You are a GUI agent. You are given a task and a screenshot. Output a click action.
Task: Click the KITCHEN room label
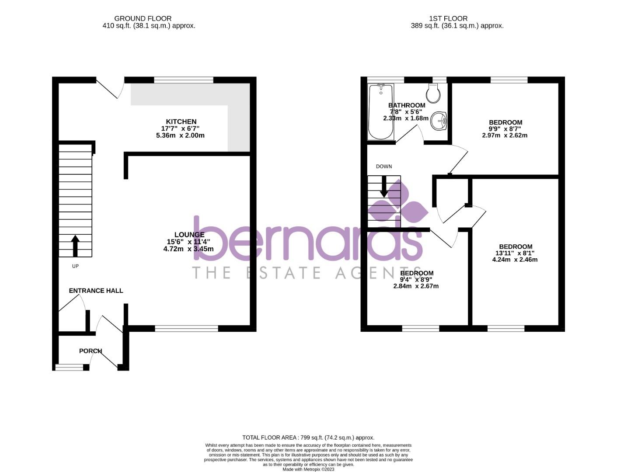pyautogui.click(x=181, y=121)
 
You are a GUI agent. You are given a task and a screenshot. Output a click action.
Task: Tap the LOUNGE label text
pyautogui.click(x=189, y=235)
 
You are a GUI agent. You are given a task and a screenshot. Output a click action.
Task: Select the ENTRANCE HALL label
pyautogui.click(x=96, y=291)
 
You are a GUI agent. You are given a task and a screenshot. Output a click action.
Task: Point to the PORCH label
pyautogui.click(x=91, y=351)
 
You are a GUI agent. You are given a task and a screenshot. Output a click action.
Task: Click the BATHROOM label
pyautogui.click(x=407, y=105)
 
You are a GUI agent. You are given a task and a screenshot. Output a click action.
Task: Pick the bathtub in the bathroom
pyautogui.click(x=381, y=111)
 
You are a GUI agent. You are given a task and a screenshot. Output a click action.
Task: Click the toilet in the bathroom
pyautogui.click(x=433, y=93)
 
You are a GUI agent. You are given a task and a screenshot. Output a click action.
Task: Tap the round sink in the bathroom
pyautogui.click(x=438, y=121)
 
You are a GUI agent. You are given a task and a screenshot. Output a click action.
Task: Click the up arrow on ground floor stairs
pyautogui.click(x=75, y=246)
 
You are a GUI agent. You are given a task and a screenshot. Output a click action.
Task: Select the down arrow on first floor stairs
pyautogui.click(x=384, y=187)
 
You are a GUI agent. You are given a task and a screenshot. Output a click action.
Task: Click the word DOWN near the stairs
pyautogui.click(x=384, y=167)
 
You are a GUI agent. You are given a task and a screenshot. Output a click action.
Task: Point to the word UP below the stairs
pyautogui.click(x=75, y=266)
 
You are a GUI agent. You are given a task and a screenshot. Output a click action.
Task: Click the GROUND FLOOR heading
pyautogui.click(x=143, y=18)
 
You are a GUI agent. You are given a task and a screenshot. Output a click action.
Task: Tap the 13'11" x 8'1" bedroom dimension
pyautogui.click(x=515, y=253)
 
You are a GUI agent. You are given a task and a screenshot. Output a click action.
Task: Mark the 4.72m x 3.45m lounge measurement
pyautogui.click(x=188, y=249)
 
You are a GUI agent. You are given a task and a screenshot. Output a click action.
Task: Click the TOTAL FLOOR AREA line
pyautogui.click(x=308, y=437)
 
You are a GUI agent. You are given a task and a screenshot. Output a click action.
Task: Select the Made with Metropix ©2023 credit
pyautogui.click(x=308, y=469)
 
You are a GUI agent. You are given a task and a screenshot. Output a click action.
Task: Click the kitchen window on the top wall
pyautogui.click(x=184, y=80)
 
